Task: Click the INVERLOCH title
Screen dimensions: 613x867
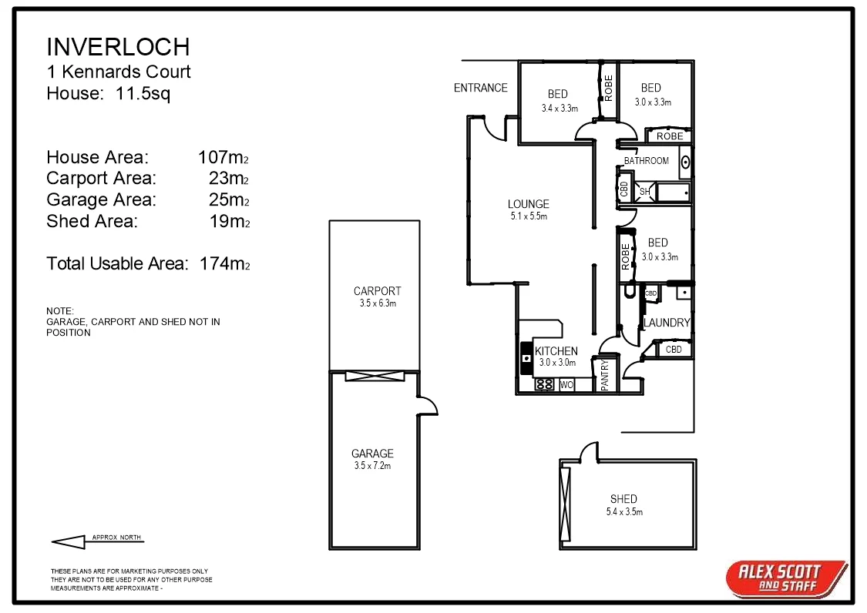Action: point(118,47)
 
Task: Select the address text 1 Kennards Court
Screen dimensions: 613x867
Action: point(119,72)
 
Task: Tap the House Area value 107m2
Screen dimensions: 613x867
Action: point(223,158)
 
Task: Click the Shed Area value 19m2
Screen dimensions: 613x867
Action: point(229,222)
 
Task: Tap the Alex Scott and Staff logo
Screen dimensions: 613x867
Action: point(784,578)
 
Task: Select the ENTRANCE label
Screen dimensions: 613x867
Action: point(480,88)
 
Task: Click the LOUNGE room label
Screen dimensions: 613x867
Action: point(529,204)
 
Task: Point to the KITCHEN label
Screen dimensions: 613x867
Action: point(556,351)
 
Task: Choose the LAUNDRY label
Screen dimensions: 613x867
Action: point(667,323)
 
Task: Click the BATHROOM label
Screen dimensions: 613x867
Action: point(646,161)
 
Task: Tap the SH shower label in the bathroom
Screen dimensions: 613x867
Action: point(644,191)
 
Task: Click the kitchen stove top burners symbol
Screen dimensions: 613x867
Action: point(544,384)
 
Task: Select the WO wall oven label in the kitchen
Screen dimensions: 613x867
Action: point(566,384)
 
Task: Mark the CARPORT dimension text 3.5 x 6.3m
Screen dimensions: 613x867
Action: point(378,303)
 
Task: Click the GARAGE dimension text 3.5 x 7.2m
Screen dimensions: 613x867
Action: point(372,466)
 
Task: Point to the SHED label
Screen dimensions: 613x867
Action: point(623,499)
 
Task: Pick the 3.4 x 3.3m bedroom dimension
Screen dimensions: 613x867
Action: point(560,109)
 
